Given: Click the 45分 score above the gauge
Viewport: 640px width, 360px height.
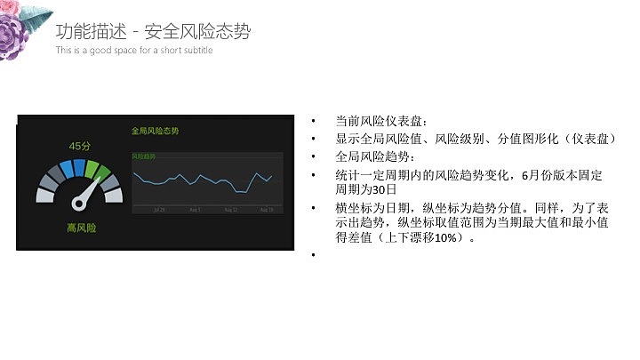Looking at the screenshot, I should tap(80, 146).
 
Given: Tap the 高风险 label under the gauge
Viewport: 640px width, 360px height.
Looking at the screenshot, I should tap(81, 228).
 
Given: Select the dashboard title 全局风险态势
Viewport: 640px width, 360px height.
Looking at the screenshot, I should tap(155, 131).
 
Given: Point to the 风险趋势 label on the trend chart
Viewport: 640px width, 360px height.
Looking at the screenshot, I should tap(143, 156).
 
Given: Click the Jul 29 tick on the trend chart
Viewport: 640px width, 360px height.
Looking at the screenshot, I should tap(159, 211).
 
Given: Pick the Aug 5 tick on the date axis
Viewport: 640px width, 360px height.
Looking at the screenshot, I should tap(195, 211).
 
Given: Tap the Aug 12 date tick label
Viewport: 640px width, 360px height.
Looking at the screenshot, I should tap(230, 211).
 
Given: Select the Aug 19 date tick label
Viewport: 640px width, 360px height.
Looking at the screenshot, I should tap(266, 211).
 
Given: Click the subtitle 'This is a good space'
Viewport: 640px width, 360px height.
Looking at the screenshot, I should tap(133, 51).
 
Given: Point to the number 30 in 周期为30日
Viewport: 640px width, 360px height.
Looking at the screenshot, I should tap(383, 189).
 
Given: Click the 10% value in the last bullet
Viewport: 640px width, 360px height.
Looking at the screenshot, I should tap(444, 238).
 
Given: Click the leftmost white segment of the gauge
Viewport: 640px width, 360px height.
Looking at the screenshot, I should tap(45, 194).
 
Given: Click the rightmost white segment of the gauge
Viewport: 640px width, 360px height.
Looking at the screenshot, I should tap(114, 194).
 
